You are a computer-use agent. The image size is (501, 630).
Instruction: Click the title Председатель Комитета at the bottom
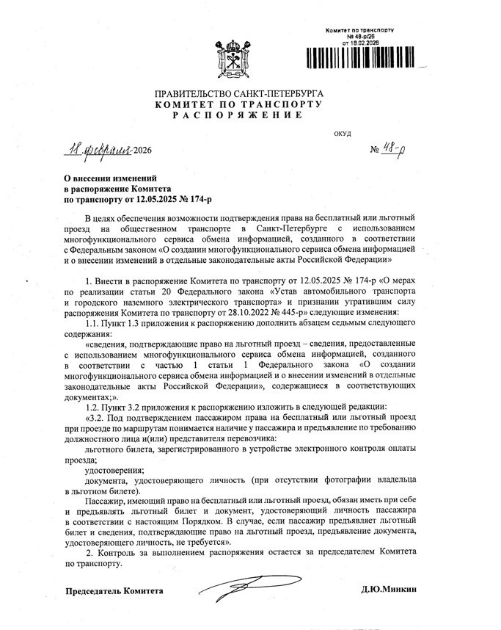pos(114,591)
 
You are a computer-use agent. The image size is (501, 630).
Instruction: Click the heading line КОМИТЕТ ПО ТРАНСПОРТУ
pos(238,105)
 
